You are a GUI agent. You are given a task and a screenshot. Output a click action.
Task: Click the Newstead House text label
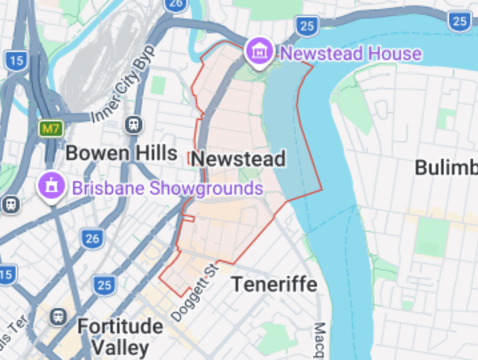[x=351, y=54]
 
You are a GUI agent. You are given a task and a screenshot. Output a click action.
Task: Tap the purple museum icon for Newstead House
[x=259, y=52]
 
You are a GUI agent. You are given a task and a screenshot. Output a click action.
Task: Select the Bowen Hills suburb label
[x=121, y=154]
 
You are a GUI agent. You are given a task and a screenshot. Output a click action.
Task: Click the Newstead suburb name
[x=238, y=159]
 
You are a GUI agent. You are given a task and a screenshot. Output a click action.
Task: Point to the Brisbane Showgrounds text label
[x=168, y=189]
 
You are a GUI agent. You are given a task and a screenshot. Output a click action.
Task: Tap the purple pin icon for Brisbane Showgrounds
[x=51, y=186]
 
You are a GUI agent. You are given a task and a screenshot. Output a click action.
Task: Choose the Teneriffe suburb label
[x=274, y=285]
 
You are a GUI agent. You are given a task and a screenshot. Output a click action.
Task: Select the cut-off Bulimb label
[x=446, y=168]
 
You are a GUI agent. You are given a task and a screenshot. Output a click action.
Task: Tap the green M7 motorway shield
[x=51, y=129]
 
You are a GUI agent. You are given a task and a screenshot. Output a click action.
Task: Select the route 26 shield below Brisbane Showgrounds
[x=92, y=238]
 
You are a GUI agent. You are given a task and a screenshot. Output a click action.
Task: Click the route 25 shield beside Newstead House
[x=307, y=26]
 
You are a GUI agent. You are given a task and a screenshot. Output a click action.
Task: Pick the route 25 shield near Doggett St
[x=104, y=286]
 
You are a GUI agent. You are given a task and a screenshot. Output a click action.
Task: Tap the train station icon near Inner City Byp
[x=133, y=125]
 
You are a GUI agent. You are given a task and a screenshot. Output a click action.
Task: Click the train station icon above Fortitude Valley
[x=58, y=317]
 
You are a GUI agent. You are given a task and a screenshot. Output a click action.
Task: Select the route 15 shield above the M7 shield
[x=17, y=61]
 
